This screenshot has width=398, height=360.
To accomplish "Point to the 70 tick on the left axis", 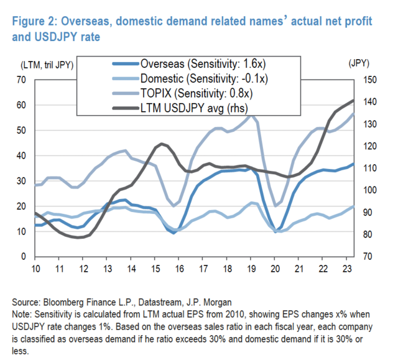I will pyautogui.click(x=23, y=80).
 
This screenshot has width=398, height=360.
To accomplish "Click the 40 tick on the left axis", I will pyautogui.click(x=23, y=155).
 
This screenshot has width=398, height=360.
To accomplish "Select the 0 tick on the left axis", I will pyautogui.click(x=25, y=257).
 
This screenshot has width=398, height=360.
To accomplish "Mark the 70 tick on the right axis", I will pyautogui.click(x=367, y=257).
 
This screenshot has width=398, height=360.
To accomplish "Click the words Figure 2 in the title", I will pyautogui.click(x=33, y=22).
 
